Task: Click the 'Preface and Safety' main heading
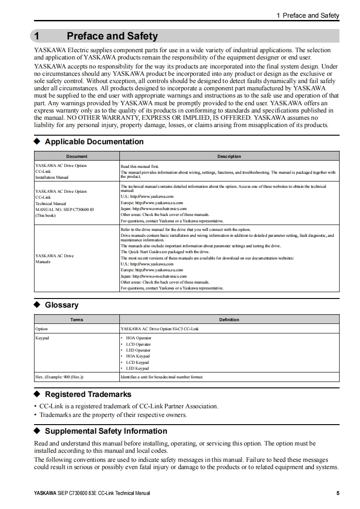click(112, 36)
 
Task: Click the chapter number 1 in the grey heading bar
click(38, 36)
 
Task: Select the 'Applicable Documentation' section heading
click(94, 142)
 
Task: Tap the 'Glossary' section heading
click(61, 305)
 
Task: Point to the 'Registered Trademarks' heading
click(88, 394)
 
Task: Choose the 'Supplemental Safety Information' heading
click(106, 431)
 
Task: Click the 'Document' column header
click(77, 156)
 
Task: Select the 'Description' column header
click(229, 156)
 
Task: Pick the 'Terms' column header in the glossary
click(77, 319)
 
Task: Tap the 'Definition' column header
click(229, 319)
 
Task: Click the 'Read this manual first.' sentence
click(140, 166)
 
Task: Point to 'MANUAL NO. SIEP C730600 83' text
click(64, 210)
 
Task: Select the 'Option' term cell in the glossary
click(41, 328)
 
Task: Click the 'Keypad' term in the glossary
click(42, 338)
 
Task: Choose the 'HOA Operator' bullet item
click(138, 338)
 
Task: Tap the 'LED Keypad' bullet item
click(137, 368)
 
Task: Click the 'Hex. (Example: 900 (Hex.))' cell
click(59, 377)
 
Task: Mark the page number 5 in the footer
click(337, 493)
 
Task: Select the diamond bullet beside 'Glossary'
click(38, 305)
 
